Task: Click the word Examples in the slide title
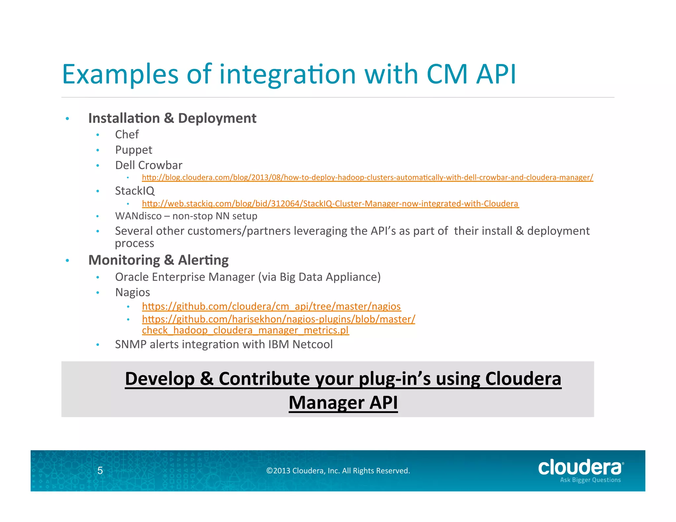[120, 74]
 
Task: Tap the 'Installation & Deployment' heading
[172, 118]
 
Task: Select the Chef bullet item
[127, 135]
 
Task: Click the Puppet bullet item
[133, 150]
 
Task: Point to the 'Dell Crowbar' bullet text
[149, 165]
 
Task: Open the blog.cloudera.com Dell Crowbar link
[367, 178]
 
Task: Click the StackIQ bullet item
[134, 191]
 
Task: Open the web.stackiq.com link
[330, 204]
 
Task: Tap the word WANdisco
[138, 216]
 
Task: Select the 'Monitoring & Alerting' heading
[158, 260]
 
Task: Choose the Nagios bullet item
[132, 293]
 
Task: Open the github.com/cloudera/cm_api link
[271, 307]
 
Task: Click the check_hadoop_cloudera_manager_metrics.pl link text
[245, 330]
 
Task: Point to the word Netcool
[312, 344]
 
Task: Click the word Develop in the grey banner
[159, 379]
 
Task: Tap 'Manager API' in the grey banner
[343, 403]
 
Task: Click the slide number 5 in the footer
[100, 471]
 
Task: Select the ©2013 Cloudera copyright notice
[338, 471]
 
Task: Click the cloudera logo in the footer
[580, 469]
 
